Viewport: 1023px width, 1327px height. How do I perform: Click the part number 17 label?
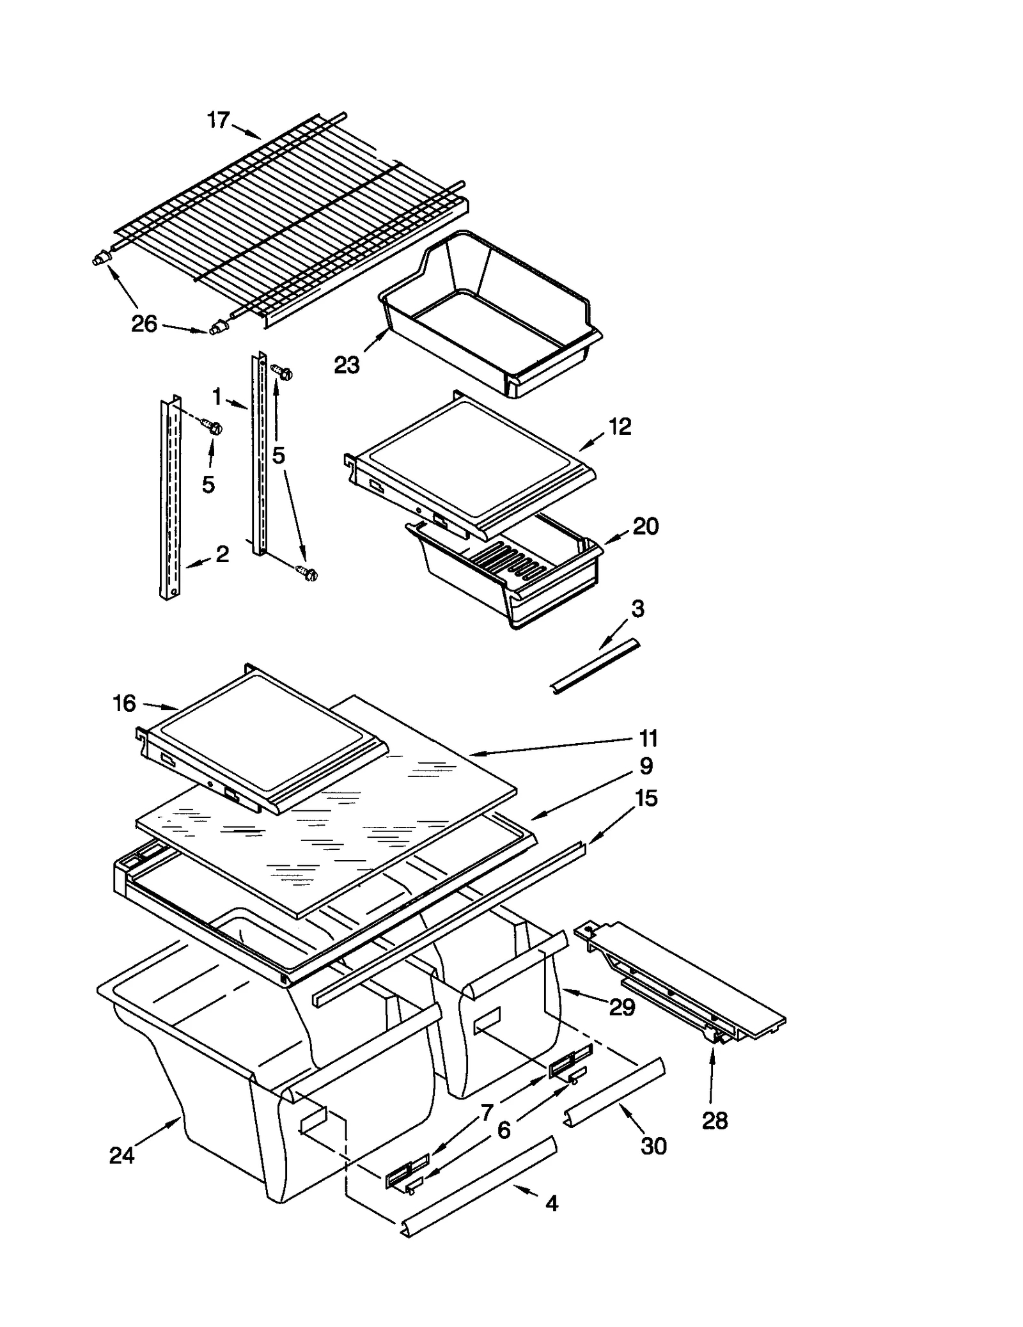click(x=218, y=120)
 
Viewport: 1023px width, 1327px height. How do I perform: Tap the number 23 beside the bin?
click(x=347, y=365)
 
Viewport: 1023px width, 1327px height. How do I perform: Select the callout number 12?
click(x=620, y=427)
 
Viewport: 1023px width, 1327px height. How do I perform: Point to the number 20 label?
click(x=645, y=526)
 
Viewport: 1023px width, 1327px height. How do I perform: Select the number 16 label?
click(x=124, y=703)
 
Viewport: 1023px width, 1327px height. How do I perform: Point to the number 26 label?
click(x=144, y=324)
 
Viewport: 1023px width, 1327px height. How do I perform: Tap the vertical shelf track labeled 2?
click(x=169, y=499)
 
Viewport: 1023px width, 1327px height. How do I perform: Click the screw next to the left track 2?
click(x=212, y=425)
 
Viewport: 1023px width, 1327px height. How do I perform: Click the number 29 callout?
click(x=621, y=1007)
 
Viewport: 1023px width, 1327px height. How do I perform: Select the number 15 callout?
click(x=646, y=798)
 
